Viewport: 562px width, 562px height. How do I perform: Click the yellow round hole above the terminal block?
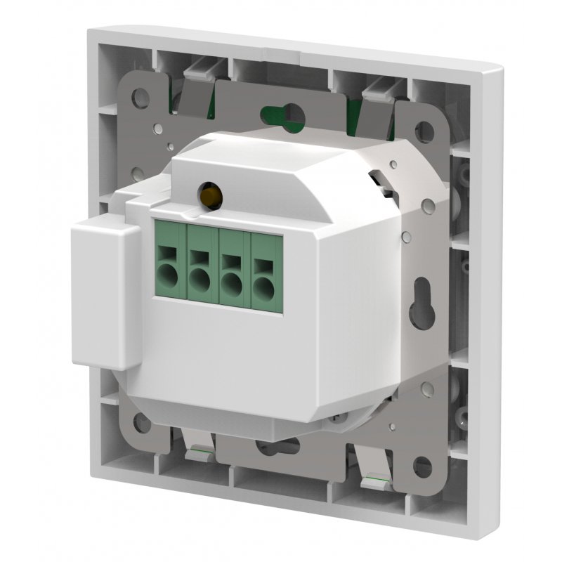[x=207, y=192]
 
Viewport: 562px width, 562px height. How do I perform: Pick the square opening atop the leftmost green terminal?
[x=168, y=249]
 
